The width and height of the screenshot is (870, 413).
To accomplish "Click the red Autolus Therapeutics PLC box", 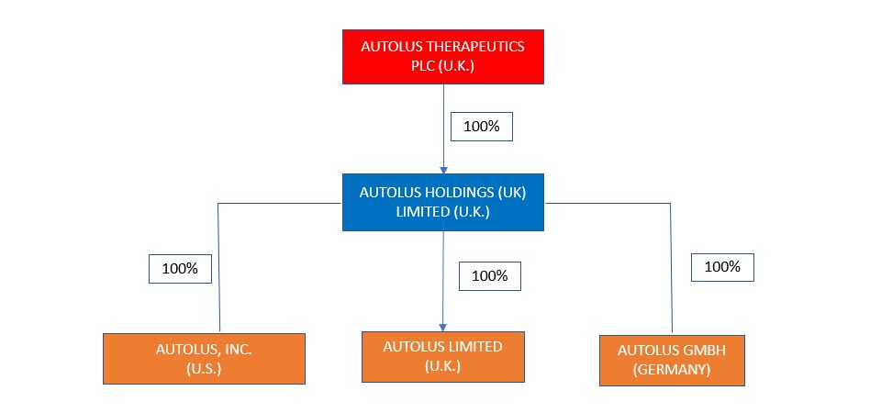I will tap(443, 56).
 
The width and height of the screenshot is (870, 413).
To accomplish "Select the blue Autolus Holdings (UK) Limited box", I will tap(443, 202).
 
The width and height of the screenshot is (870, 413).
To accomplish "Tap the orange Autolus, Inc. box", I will tap(203, 358).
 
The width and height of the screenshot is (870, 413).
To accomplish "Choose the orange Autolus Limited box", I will tap(443, 356).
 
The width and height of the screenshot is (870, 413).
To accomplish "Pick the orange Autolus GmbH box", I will tap(672, 360).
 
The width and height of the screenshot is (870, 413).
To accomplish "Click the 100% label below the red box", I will tap(481, 127).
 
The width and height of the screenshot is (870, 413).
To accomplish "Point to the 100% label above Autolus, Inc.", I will tap(180, 269).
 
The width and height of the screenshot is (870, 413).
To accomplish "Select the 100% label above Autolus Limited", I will tap(489, 275).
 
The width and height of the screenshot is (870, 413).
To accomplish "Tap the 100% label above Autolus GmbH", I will tap(722, 267).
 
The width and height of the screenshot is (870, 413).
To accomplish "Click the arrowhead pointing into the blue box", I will tap(443, 170).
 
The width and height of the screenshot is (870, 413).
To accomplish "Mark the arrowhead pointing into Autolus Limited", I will tap(443, 327).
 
